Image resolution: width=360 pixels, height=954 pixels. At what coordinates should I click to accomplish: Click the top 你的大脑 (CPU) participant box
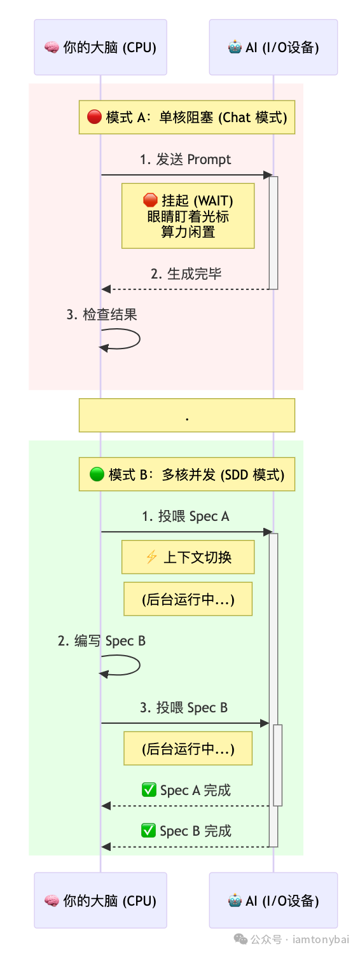point(100,48)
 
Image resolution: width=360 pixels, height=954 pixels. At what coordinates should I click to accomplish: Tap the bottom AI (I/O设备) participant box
point(273,900)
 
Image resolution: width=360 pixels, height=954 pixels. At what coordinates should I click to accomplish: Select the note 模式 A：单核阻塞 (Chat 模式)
point(187,117)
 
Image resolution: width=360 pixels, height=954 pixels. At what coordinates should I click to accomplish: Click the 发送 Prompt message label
point(186,160)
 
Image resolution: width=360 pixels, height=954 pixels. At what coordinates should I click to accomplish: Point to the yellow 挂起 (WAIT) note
point(188,216)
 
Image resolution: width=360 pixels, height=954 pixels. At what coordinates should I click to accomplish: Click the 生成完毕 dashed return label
point(186,274)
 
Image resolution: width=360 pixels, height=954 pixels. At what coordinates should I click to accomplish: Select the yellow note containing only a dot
point(187,415)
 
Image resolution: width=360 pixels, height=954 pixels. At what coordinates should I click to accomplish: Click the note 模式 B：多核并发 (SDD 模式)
point(187,474)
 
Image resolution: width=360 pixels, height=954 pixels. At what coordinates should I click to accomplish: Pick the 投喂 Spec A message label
point(186,516)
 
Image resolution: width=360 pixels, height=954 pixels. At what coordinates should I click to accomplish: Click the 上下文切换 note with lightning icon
point(188,557)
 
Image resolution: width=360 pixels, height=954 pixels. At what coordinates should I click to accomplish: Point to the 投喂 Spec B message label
point(184,708)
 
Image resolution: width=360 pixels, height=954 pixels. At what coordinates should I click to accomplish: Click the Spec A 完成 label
point(186,791)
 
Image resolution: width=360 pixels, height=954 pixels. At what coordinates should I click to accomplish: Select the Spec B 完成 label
point(186,831)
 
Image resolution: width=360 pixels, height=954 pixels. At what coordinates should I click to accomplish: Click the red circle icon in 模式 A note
point(94,117)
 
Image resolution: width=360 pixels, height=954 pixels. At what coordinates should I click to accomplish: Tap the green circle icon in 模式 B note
point(97,474)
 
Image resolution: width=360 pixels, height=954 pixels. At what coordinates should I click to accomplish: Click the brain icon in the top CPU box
point(52,48)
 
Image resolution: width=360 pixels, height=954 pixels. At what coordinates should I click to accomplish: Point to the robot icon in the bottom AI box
point(235,900)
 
